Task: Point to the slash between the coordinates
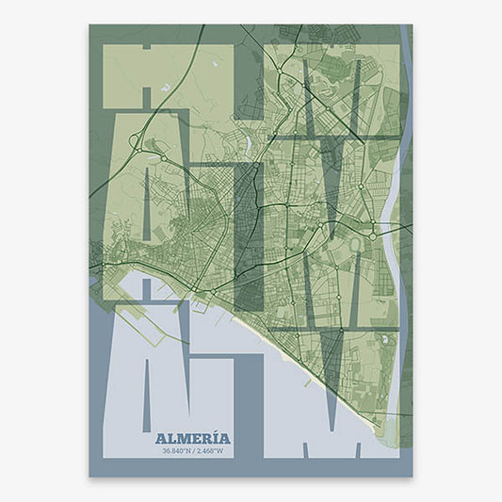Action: [192, 452]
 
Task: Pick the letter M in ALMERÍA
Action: [182, 439]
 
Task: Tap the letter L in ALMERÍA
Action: [170, 439]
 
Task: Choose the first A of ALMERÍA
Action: [159, 439]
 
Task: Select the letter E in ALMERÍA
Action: [194, 439]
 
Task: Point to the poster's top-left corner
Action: [89, 24]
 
